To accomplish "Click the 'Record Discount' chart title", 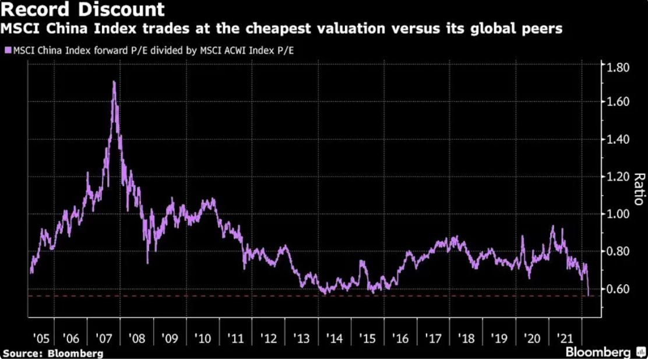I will point(83,10).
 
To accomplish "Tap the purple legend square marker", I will point(7,51).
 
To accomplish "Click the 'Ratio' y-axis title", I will point(638,189).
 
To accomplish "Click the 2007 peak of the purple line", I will point(114,82).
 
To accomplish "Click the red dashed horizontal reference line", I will point(291,296).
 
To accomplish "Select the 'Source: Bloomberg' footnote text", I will point(53,353).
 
